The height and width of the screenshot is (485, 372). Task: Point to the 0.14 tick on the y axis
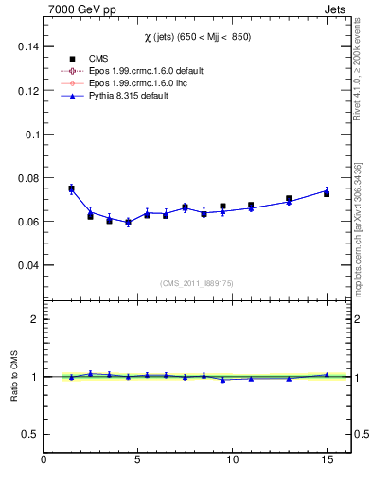click(27, 46)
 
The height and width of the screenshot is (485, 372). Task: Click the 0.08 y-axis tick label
click(27, 178)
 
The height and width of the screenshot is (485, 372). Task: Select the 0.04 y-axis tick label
click(27, 265)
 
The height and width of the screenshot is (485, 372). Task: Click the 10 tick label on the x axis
click(232, 461)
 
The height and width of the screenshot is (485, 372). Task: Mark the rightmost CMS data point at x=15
click(327, 193)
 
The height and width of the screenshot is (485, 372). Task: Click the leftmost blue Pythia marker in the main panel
click(71, 189)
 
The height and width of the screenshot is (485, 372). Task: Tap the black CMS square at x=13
click(289, 199)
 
